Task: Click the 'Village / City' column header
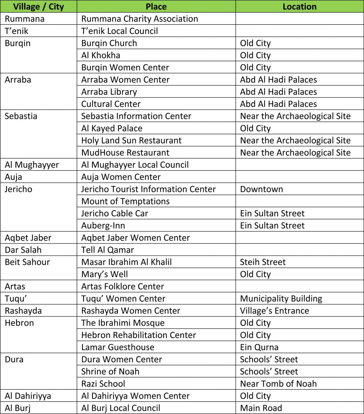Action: click(x=38, y=6)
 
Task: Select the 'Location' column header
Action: click(x=299, y=6)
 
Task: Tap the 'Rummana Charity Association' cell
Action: click(x=139, y=19)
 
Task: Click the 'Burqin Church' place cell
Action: click(x=109, y=43)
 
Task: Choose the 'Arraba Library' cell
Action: click(x=109, y=92)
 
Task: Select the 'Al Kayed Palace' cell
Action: click(x=112, y=129)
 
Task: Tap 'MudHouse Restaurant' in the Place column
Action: click(x=125, y=153)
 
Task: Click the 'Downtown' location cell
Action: click(x=261, y=189)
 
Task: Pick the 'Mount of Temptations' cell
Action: click(x=125, y=201)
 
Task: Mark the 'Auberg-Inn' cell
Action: click(x=103, y=226)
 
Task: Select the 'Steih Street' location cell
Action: click(x=263, y=262)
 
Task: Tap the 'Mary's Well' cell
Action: click(x=104, y=274)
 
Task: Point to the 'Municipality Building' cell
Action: click(x=281, y=299)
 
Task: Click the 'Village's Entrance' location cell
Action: click(x=274, y=311)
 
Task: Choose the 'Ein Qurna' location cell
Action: click(x=259, y=347)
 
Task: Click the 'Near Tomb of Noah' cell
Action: click(x=278, y=384)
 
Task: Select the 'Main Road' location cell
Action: click(x=261, y=408)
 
